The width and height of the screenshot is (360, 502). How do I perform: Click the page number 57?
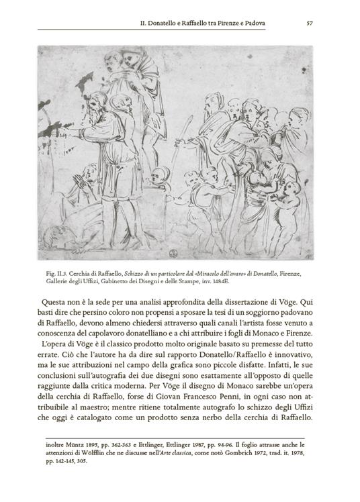[x=310, y=23]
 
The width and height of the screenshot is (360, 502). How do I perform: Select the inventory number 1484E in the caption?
[x=261, y=283]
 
